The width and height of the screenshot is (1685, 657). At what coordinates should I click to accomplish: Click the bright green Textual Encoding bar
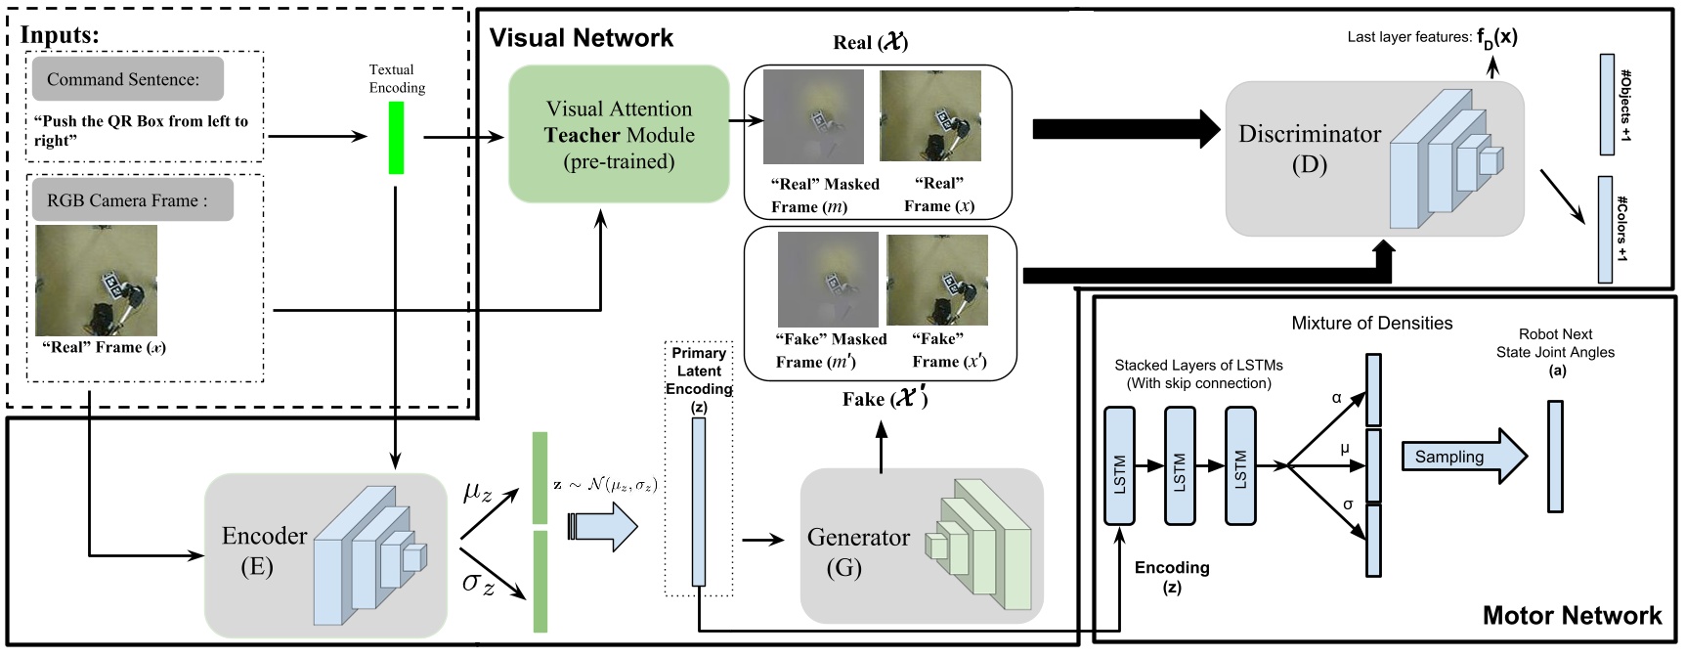tap(396, 138)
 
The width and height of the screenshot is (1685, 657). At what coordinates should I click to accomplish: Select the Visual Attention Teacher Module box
tap(619, 135)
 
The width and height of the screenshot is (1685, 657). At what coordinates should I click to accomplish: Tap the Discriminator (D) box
tap(1373, 157)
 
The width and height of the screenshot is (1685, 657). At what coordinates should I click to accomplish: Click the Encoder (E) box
tap(325, 554)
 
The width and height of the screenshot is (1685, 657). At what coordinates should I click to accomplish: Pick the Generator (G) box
tap(921, 547)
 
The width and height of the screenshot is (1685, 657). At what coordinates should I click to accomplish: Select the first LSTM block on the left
tap(1119, 466)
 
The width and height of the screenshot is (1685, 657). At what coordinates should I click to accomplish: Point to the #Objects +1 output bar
tap(1606, 105)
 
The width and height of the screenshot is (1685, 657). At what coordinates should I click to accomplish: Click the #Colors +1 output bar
tap(1604, 230)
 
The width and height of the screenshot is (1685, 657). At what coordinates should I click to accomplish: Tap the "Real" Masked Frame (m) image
tap(813, 116)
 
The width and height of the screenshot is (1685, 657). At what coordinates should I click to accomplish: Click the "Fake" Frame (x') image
tap(936, 281)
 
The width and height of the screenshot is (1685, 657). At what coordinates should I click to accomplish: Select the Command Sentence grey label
tap(127, 79)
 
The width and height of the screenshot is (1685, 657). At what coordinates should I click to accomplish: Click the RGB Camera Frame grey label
tap(132, 200)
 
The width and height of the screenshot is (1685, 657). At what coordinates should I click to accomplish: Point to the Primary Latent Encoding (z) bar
tap(698, 502)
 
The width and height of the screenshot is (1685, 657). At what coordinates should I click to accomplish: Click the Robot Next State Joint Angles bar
tap(1555, 457)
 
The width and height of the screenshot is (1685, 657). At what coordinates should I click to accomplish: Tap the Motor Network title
tap(1571, 615)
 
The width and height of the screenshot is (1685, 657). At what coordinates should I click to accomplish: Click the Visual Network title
tap(581, 38)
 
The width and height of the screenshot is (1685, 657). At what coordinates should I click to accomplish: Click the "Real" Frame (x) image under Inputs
tap(96, 281)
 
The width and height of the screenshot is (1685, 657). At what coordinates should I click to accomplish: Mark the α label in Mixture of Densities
tap(1336, 398)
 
